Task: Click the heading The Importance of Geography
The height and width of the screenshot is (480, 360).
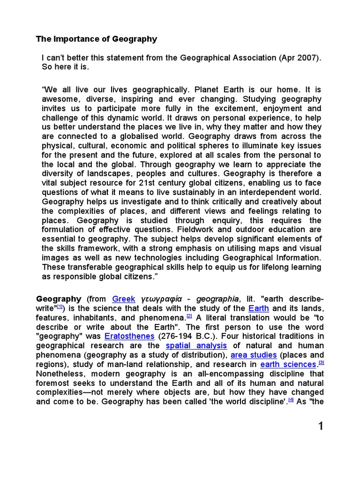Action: click(97, 39)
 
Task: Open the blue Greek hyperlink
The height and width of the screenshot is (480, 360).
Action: click(124, 299)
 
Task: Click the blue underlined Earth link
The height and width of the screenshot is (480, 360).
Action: click(258, 308)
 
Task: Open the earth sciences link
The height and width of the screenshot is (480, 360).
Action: click(288, 364)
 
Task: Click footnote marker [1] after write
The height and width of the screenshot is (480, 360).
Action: click(60, 307)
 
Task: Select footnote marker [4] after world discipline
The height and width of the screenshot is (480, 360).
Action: click(291, 399)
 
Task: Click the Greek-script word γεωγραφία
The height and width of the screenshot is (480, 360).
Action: click(161, 299)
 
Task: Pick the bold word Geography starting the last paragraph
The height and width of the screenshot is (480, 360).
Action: click(59, 299)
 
